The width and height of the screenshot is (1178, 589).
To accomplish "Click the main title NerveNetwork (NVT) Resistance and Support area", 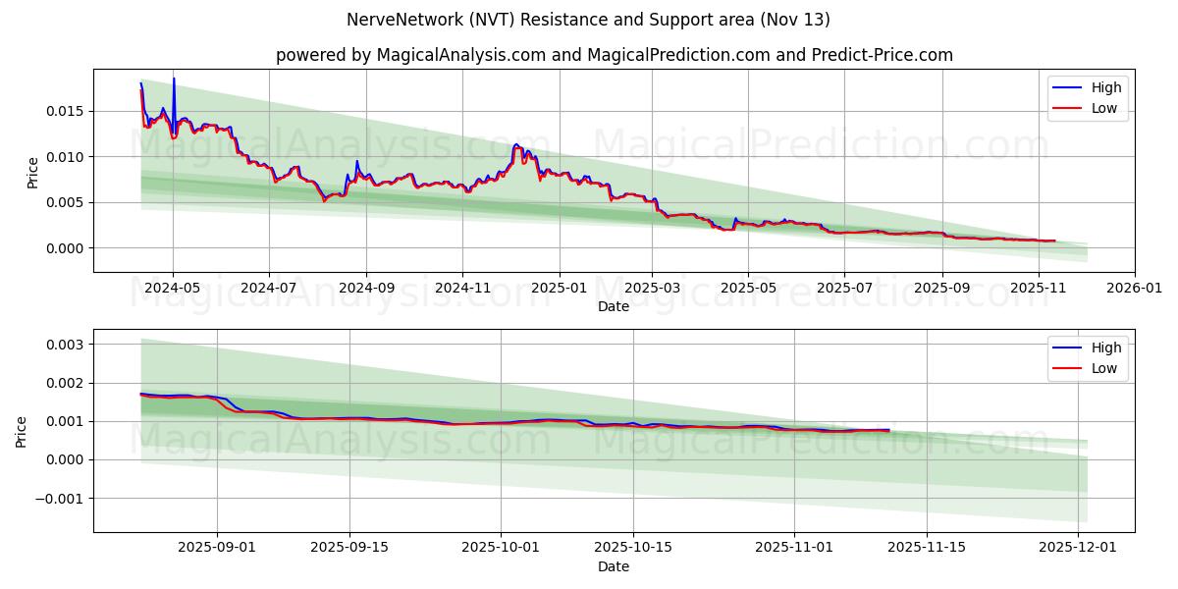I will (x=588, y=20).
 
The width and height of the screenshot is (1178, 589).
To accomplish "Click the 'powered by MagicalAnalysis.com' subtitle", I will (x=614, y=55).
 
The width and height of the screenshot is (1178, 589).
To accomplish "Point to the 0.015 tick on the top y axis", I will (x=65, y=111).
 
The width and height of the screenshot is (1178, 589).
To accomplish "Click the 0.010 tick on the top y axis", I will (x=65, y=157).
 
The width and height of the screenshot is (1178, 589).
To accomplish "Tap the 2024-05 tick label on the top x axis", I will (x=173, y=289).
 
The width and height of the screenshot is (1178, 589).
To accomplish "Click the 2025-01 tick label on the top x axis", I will (x=559, y=289).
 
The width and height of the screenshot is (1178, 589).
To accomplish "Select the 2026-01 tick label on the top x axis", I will (x=1134, y=289).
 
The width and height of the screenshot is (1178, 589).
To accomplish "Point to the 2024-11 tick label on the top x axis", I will (x=462, y=289).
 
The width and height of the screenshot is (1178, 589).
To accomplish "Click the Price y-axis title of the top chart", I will (x=32, y=172).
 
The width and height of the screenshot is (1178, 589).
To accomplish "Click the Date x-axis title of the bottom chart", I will (x=614, y=566).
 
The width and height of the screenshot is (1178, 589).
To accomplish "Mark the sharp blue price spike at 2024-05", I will (x=174, y=80).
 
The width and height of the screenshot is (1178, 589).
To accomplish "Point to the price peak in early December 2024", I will (x=516, y=144).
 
